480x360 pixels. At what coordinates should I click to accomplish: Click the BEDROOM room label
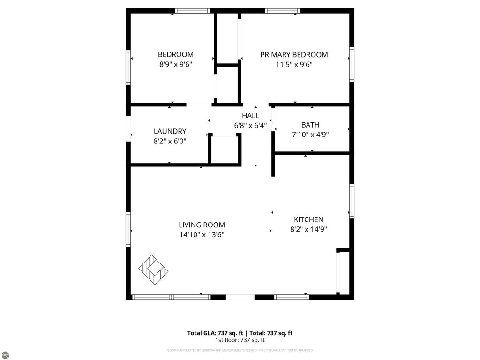(x=175, y=54)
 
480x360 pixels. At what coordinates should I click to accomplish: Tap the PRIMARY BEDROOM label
(x=294, y=54)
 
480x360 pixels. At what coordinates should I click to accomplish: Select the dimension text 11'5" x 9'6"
(x=294, y=65)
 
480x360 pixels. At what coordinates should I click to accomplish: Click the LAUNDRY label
(x=170, y=131)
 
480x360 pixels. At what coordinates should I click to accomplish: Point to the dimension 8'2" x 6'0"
(x=170, y=141)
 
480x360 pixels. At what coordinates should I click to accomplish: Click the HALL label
(x=250, y=115)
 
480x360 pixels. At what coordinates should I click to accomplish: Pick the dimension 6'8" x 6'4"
(x=250, y=125)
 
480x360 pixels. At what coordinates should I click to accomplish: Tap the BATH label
(x=310, y=125)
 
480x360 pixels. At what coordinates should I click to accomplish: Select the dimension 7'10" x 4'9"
(x=310, y=135)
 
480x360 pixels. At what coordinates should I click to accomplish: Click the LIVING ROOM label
(x=202, y=225)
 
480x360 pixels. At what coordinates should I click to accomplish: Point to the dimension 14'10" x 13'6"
(x=202, y=235)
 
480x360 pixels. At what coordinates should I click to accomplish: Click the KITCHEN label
(x=308, y=219)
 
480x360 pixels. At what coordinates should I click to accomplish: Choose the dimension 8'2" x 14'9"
(x=308, y=230)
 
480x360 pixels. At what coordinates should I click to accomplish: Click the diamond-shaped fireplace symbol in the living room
(x=153, y=270)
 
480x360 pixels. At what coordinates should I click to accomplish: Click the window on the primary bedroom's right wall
(x=352, y=64)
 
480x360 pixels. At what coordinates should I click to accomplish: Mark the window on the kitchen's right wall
(x=352, y=201)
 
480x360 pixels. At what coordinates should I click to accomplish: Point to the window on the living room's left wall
(x=128, y=229)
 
